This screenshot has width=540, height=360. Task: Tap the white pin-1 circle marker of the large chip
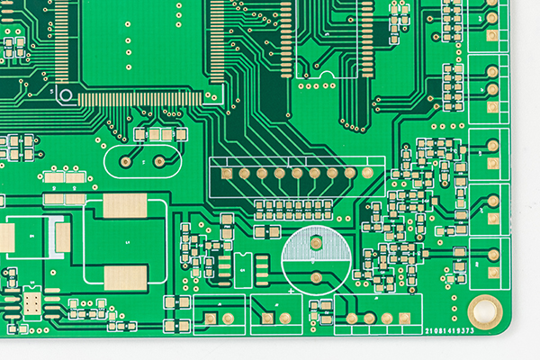point(65,93)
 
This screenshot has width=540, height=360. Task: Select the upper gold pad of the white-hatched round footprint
point(316,242)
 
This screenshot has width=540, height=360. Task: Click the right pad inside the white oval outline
point(159,161)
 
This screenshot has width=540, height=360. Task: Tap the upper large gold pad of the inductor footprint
point(124,206)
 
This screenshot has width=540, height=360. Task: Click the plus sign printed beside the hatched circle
point(290,292)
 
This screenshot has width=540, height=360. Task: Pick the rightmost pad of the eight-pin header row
point(367,173)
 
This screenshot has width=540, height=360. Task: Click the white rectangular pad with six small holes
point(32,302)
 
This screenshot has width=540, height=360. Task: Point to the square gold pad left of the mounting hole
point(405,318)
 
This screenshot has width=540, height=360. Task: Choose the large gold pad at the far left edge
point(6,238)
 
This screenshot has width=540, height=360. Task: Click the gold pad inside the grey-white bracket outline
point(62,237)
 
